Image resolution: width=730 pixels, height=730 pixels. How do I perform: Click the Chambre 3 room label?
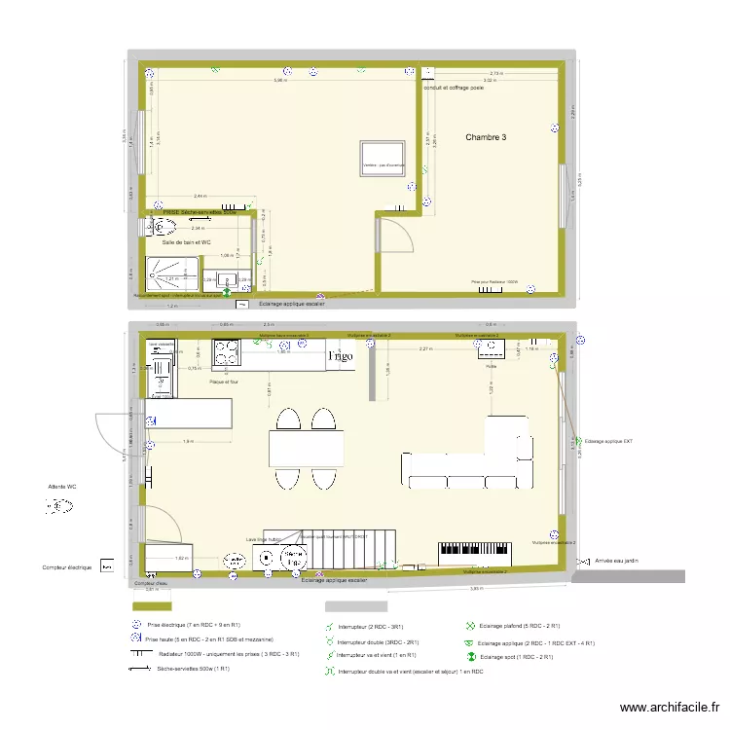pyautogui.click(x=486, y=138)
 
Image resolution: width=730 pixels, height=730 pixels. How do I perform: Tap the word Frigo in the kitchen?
pyautogui.click(x=341, y=356)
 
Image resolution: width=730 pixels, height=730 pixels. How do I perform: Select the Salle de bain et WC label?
pyautogui.click(x=186, y=241)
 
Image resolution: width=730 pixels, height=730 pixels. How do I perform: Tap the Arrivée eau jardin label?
pyautogui.click(x=616, y=562)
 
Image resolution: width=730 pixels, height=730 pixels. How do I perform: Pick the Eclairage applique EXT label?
pyautogui.click(x=608, y=442)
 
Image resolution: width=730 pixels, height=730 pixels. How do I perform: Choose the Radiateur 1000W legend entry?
pyautogui.click(x=226, y=654)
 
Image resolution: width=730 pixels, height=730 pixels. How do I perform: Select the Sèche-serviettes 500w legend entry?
pyautogui.click(x=193, y=669)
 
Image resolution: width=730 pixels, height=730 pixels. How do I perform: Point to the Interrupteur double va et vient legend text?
pyautogui.click(x=410, y=672)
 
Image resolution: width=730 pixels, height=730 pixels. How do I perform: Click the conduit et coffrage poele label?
pyautogui.click(x=454, y=88)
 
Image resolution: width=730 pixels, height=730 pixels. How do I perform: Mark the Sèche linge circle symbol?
pyautogui.click(x=291, y=558)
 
